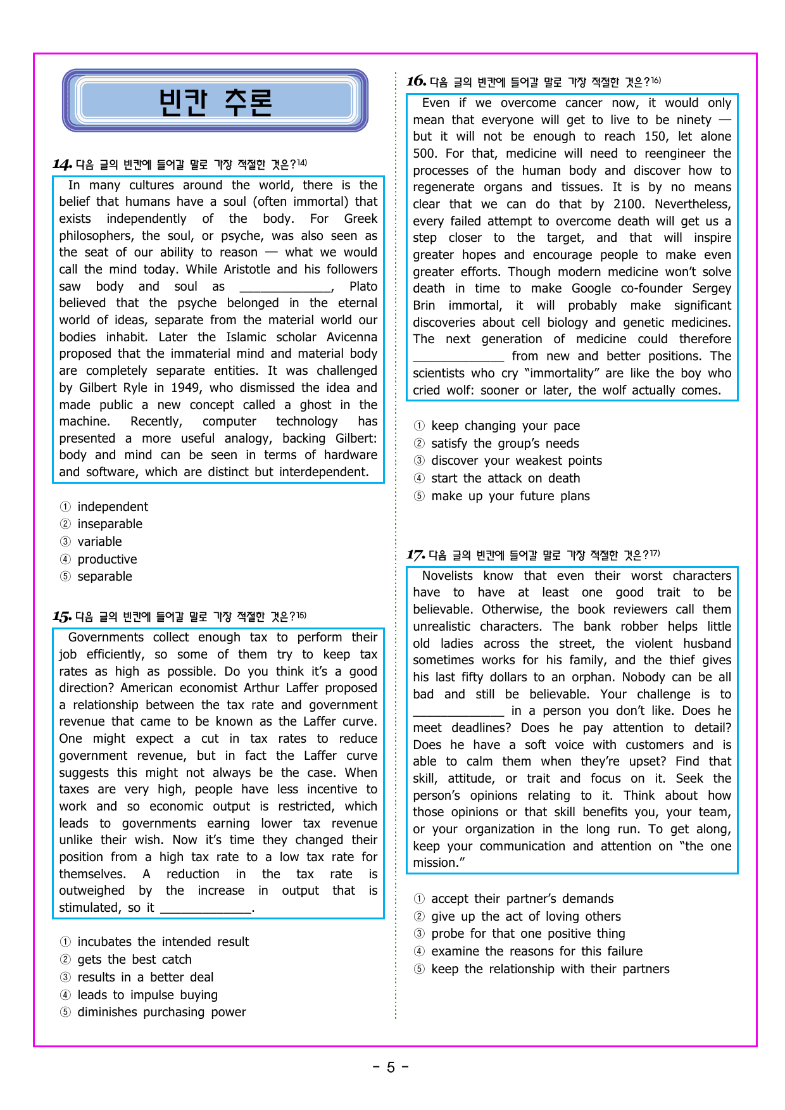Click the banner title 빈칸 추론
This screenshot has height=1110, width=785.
tap(215, 101)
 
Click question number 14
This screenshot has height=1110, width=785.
tap(62, 165)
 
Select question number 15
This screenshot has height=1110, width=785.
tap(62, 616)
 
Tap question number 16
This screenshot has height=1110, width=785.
tap(416, 81)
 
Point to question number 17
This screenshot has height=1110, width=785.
tap(415, 555)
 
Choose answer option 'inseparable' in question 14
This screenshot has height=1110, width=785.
tap(110, 524)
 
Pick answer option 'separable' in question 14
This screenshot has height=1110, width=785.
tap(104, 576)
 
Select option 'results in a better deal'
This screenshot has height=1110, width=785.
tap(145, 977)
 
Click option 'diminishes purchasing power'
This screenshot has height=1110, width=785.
tap(161, 1012)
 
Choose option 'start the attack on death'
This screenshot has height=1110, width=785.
tap(505, 478)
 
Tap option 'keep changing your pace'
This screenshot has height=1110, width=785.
tap(505, 426)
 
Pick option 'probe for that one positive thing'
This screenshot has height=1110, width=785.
tap(528, 933)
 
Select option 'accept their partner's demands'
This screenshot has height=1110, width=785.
tap(522, 899)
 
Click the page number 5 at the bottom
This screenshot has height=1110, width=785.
tap(391, 1068)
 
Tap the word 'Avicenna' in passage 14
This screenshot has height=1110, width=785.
tap(352, 337)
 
